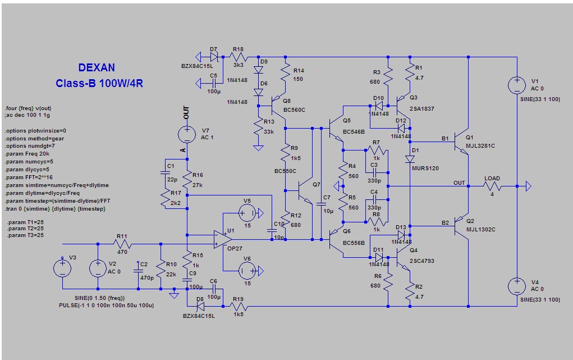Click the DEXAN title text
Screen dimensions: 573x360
[97, 68]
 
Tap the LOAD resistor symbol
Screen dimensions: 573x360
[492, 186]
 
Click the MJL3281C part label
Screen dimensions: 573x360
[480, 145]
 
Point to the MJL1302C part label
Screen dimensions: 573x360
[480, 229]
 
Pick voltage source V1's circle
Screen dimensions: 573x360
[517, 85]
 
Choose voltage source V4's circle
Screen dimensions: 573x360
[517, 286]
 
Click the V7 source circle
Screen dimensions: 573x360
[187, 134]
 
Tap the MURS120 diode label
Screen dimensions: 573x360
[425, 168]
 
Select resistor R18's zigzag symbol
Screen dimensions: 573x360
[239, 57]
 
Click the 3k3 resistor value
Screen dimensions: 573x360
[239, 65]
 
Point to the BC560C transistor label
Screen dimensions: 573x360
[294, 110]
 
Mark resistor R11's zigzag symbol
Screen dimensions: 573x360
[122, 244]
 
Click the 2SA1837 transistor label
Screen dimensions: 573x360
[421, 108]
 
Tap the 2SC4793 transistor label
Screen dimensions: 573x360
[421, 261]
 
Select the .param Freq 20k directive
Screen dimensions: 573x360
[27, 154]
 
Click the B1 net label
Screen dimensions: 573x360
[444, 139]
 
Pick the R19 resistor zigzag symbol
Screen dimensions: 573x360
[239, 306]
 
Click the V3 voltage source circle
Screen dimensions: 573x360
[62, 268]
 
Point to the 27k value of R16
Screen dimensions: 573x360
[198, 185]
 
